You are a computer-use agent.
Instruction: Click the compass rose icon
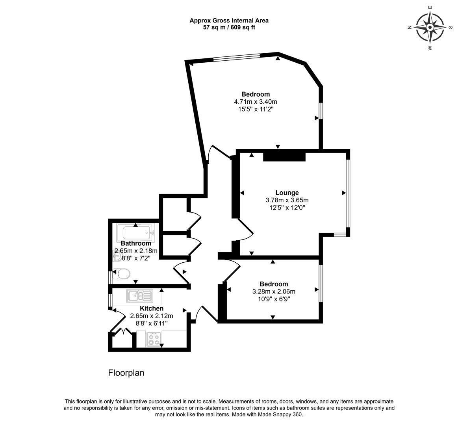[x=430, y=28]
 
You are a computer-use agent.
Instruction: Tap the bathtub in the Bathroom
[x=136, y=233]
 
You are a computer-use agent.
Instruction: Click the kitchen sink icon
[x=140, y=296]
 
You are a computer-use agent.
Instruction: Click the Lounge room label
[x=287, y=193]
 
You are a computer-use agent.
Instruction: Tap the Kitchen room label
[x=152, y=308]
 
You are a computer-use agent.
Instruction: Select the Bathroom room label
[x=136, y=243]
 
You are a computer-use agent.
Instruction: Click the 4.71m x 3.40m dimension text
[x=256, y=102]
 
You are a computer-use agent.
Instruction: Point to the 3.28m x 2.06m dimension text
[x=274, y=291]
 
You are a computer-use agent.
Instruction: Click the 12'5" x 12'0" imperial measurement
[x=287, y=208]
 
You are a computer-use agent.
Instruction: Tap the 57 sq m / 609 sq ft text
[x=229, y=28]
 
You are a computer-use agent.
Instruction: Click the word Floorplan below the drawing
[x=126, y=373]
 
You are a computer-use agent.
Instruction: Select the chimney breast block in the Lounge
[x=284, y=157]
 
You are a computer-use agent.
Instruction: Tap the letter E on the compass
[x=430, y=7]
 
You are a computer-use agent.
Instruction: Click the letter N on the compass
[x=410, y=28]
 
